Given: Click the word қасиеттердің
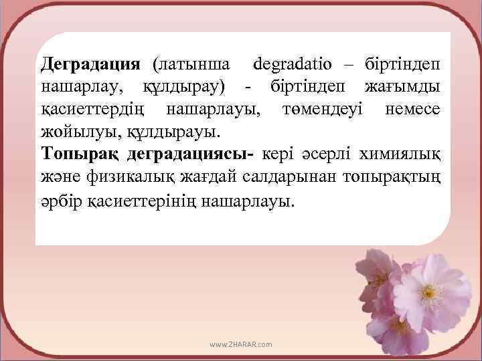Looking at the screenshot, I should click(96, 108).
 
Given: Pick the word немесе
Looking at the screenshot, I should click(414, 108).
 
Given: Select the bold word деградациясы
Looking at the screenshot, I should click(191, 152).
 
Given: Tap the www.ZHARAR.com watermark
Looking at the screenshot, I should click(241, 344).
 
